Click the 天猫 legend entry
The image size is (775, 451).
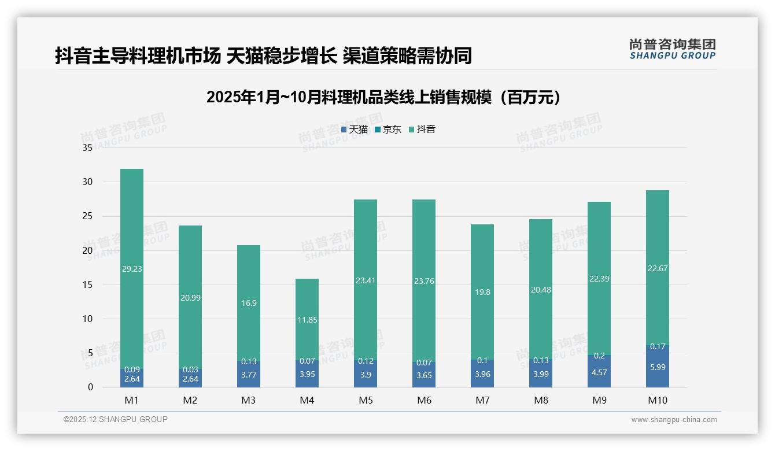(x=355, y=130)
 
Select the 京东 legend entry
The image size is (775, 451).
(x=388, y=130)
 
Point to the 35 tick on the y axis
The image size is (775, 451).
(x=87, y=148)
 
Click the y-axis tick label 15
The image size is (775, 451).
(x=87, y=284)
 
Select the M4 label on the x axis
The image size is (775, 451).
(x=307, y=400)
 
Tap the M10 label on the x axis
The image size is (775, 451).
(x=657, y=400)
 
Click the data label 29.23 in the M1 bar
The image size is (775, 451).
(x=132, y=269)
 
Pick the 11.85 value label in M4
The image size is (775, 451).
(x=307, y=320)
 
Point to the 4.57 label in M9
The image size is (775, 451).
(x=599, y=372)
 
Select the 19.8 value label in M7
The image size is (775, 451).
(x=482, y=293)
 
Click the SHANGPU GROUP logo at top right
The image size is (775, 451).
(x=672, y=49)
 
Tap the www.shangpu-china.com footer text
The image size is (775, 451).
(x=674, y=420)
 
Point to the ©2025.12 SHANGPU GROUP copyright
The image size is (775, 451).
(x=116, y=420)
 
